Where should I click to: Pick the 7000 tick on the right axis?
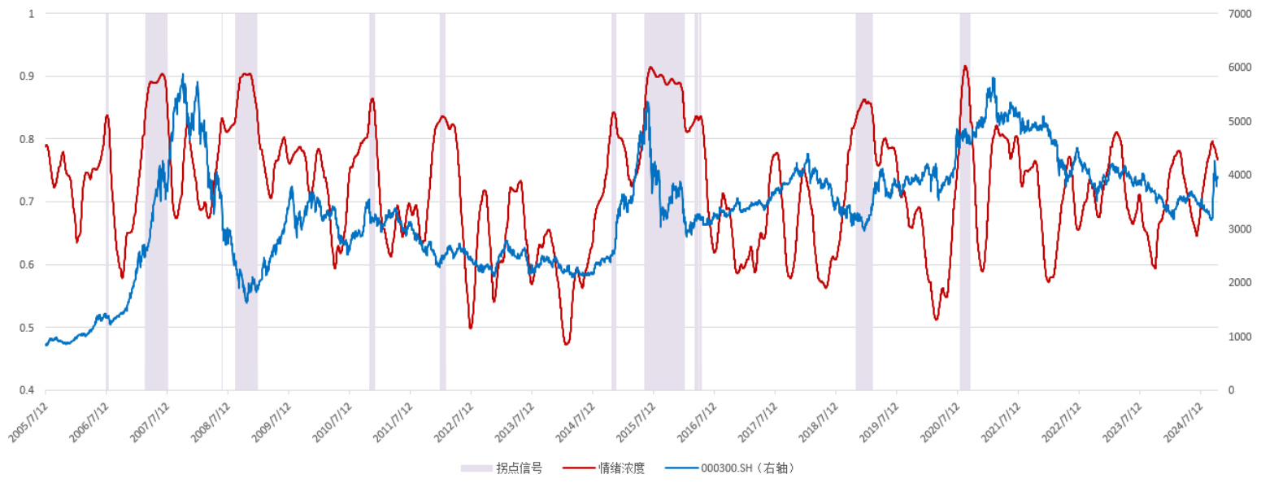[1238, 14]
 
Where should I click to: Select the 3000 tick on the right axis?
[1238, 229]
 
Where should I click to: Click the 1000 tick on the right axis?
[1238, 337]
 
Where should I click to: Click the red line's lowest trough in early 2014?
[567, 344]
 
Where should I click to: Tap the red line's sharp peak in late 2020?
[965, 67]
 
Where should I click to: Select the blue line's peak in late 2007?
[182, 75]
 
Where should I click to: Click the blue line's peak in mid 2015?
[647, 102]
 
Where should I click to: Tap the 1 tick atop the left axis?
[32, 14]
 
